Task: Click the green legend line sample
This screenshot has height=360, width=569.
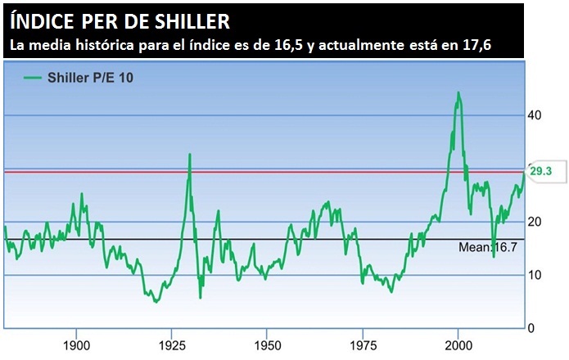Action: coord(34,77)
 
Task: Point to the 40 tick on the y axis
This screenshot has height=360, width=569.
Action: coord(535,115)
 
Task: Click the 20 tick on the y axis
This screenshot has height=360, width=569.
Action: coord(535,222)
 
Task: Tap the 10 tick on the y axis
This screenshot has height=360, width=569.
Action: coord(535,275)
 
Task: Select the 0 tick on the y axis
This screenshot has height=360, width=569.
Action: coord(531,328)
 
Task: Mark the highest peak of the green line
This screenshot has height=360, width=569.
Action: coord(458,93)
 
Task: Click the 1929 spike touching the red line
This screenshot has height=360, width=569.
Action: coord(190,155)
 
